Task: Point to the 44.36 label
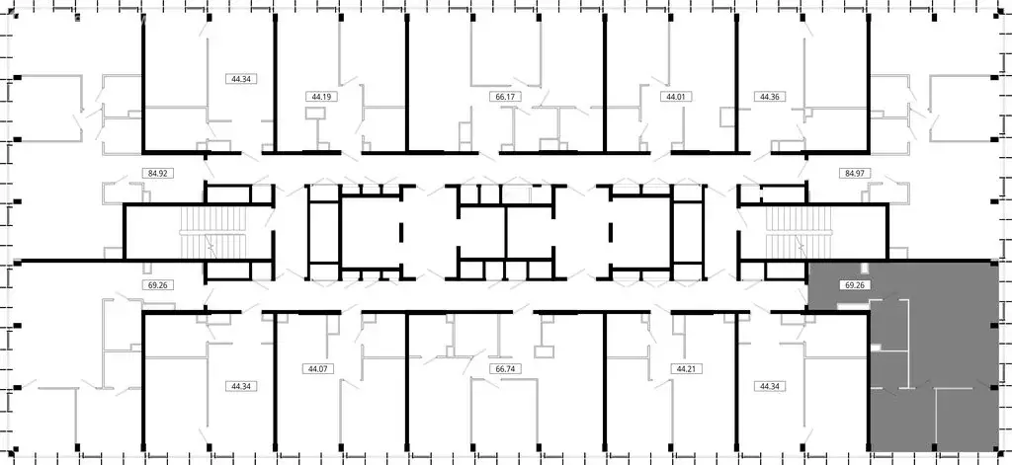pyautogui.click(x=769, y=97)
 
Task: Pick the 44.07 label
pyautogui.click(x=316, y=369)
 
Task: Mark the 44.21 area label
pyautogui.click(x=685, y=369)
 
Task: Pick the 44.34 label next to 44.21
pyautogui.click(x=769, y=386)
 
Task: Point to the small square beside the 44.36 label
pyautogui.click(x=728, y=118)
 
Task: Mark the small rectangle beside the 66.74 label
pyautogui.click(x=543, y=350)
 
